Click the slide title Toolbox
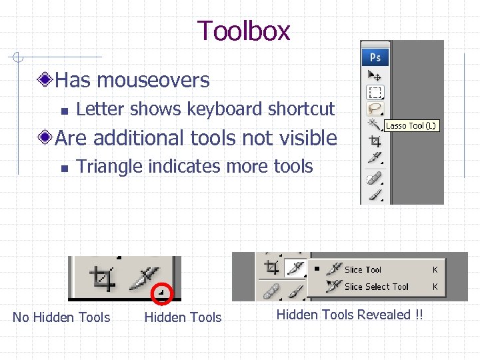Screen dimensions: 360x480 click(243, 31)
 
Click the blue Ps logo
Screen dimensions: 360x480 click(376, 57)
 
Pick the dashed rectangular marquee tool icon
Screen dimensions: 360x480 click(375, 92)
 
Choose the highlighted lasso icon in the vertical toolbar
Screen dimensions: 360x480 click(375, 108)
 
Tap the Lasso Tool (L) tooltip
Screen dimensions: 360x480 click(411, 125)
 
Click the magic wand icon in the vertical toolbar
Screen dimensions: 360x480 click(374, 124)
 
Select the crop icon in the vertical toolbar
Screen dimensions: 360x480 click(375, 141)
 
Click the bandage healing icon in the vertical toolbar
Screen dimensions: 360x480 click(375, 179)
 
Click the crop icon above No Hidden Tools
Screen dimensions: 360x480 click(103, 277)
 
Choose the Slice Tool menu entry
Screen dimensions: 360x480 click(363, 270)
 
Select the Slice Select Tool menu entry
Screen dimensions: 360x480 click(376, 287)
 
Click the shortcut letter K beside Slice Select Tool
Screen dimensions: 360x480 click(435, 287)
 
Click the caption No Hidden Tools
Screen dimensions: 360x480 click(61, 317)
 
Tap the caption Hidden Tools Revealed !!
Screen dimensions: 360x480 click(349, 315)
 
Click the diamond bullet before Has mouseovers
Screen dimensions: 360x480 click(45, 81)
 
